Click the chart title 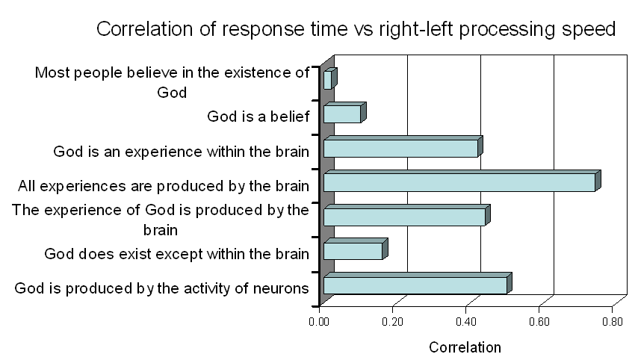356,29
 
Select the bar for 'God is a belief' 345,113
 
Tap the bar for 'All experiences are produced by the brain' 462,181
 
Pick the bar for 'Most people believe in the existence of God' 330,78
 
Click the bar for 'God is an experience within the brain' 403,147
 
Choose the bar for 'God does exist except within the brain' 356,249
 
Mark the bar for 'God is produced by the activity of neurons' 418,283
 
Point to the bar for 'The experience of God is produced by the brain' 407,215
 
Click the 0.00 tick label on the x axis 318,322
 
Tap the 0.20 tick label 392,322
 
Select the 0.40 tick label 465,322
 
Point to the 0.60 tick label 539,322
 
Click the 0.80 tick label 613,322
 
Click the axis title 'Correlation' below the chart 465,347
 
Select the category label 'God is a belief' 258,117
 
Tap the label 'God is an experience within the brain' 181,152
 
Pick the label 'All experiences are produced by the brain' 164,186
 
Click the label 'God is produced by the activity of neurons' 161,288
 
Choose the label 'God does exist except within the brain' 176,254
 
